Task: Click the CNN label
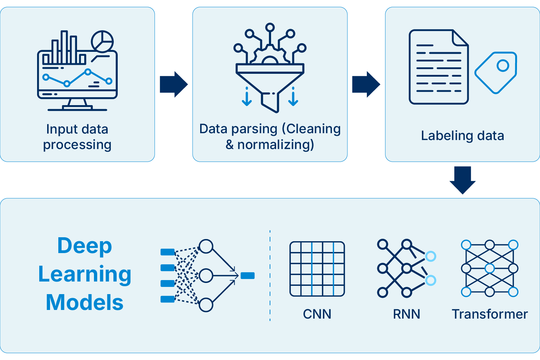[x=317, y=314]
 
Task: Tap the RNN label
[x=406, y=314]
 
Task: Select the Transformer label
[x=490, y=314]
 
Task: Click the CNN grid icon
[x=317, y=269]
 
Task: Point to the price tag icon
[x=496, y=72]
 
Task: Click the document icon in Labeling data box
[x=438, y=67]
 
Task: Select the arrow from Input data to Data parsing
[x=174, y=84]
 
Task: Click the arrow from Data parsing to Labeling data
[x=366, y=84]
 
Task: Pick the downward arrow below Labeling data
[x=463, y=180]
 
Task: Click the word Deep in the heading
[x=85, y=246]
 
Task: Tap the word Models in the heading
[x=85, y=302]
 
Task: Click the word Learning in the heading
[x=85, y=274]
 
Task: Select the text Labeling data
[x=462, y=136]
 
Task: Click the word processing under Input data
[x=77, y=145]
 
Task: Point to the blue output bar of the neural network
[x=248, y=276]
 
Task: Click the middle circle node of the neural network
[x=206, y=276]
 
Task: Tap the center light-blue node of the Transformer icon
[x=490, y=269]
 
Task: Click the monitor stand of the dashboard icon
[x=77, y=105]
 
